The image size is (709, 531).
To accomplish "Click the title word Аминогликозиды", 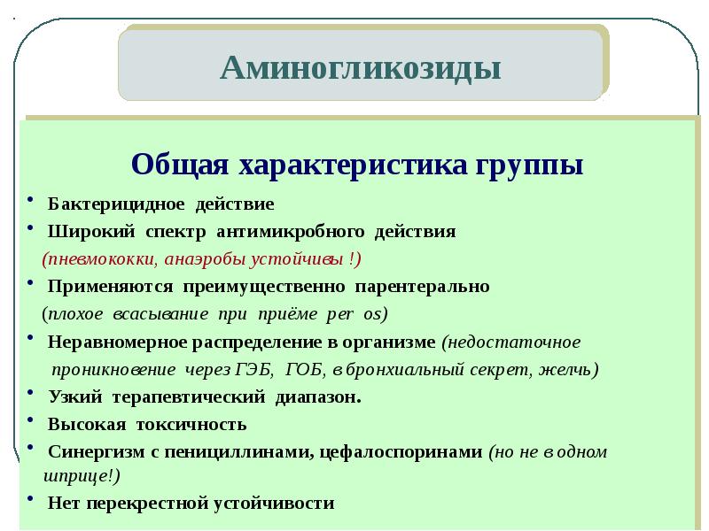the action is coord(361,69).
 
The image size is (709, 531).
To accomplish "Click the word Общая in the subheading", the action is coord(180,164).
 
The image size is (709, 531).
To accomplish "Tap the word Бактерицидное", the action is coord(116,204).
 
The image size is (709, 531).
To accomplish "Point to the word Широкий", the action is coord(91,232).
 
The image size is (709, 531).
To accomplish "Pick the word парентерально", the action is coord(422,287).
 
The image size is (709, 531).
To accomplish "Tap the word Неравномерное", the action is coord(117,342).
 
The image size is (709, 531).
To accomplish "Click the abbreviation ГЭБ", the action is coord(254,370).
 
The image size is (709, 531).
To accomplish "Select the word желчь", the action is coord(568,370).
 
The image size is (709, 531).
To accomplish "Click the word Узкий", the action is coord(75,397).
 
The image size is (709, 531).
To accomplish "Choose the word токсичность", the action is coord(191,425).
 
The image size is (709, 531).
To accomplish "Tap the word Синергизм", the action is coord(97,452).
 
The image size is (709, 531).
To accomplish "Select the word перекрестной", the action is coord(149,504).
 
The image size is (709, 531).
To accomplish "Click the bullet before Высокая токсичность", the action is coord(31,419).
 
